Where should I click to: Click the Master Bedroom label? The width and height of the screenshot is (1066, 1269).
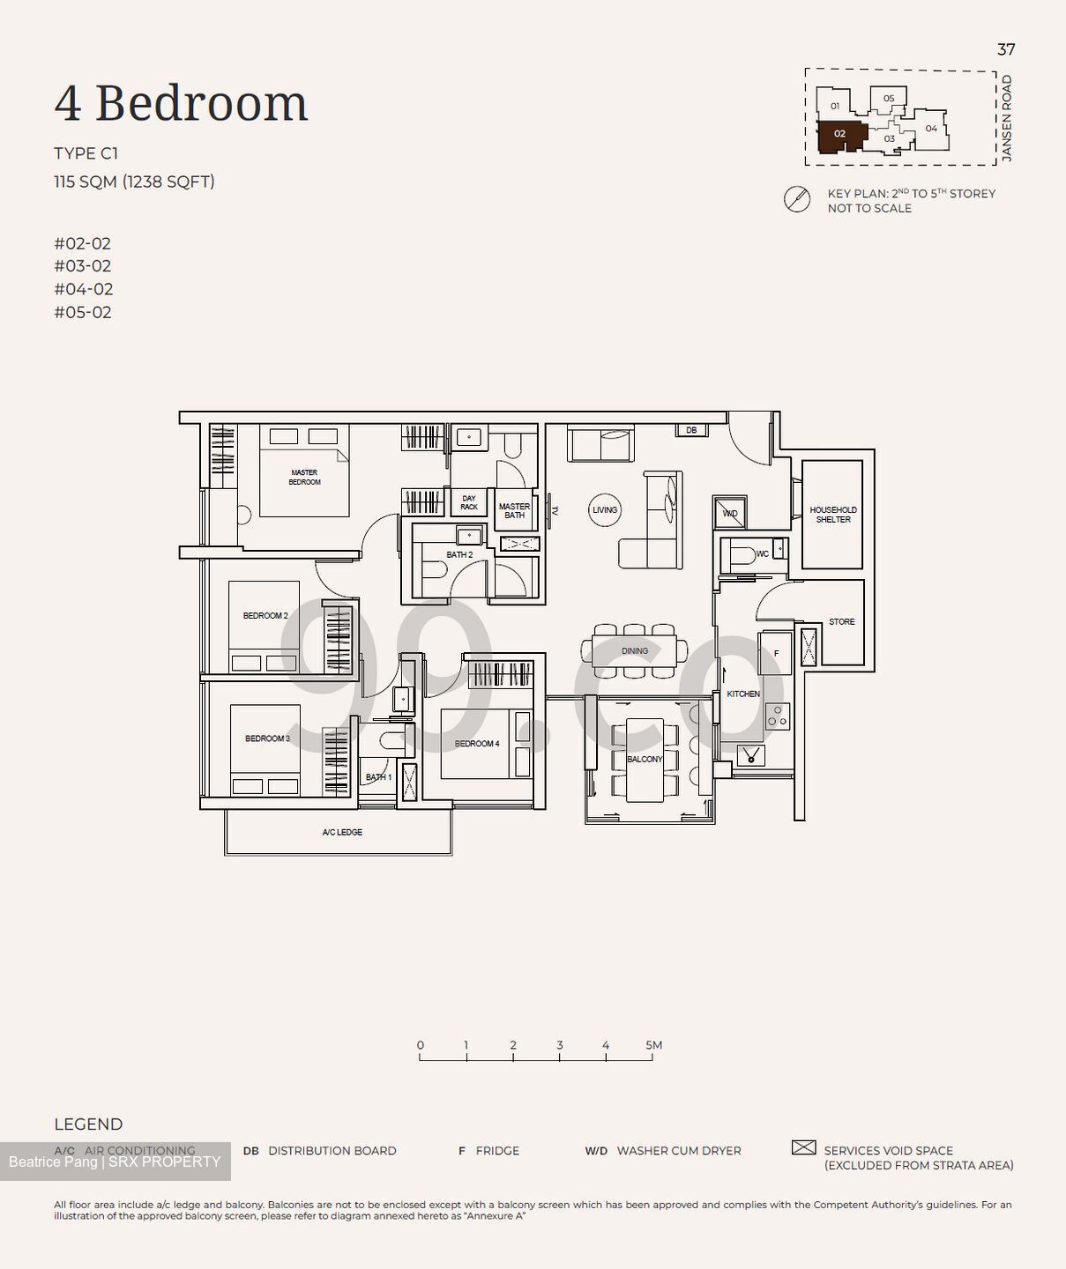pyautogui.click(x=304, y=478)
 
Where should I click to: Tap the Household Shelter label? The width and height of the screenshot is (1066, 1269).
pyautogui.click(x=832, y=515)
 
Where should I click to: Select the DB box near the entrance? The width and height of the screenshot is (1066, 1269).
pyautogui.click(x=691, y=430)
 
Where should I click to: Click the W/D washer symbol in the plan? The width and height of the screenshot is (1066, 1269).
pyautogui.click(x=730, y=513)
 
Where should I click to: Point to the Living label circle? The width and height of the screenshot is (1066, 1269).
pyautogui.click(x=605, y=509)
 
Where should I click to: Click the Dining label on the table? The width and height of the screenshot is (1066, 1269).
pyautogui.click(x=634, y=651)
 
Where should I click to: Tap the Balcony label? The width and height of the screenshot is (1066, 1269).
pyautogui.click(x=645, y=759)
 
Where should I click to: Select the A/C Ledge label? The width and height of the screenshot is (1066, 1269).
pyautogui.click(x=342, y=832)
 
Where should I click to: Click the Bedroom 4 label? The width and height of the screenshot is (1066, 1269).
pyautogui.click(x=477, y=744)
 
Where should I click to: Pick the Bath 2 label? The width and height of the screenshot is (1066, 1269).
pyautogui.click(x=459, y=555)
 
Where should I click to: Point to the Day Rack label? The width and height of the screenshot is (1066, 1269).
pyautogui.click(x=469, y=502)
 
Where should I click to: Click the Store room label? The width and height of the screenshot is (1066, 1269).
pyautogui.click(x=841, y=621)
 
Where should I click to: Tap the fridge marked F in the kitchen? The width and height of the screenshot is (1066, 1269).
pyautogui.click(x=776, y=653)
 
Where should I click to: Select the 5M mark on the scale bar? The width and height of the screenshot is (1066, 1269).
pyautogui.click(x=652, y=1046)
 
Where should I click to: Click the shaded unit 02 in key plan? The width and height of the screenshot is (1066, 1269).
pyautogui.click(x=839, y=135)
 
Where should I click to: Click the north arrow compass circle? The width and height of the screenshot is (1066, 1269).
pyautogui.click(x=797, y=200)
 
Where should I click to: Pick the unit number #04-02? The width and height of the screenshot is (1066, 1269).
pyautogui.click(x=83, y=289)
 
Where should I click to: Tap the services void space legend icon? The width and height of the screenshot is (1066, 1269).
pyautogui.click(x=803, y=1147)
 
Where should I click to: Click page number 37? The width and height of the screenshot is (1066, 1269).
pyautogui.click(x=1005, y=49)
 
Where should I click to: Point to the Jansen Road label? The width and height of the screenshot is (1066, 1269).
pyautogui.click(x=1007, y=118)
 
